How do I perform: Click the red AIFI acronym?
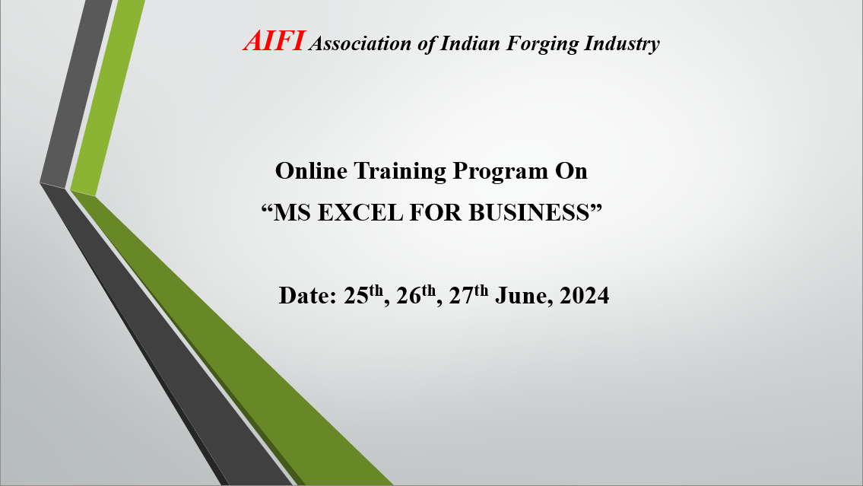pyautogui.click(x=274, y=41)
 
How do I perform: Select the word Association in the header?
pyautogui.click(x=360, y=43)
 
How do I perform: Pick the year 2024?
pyautogui.click(x=585, y=296)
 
